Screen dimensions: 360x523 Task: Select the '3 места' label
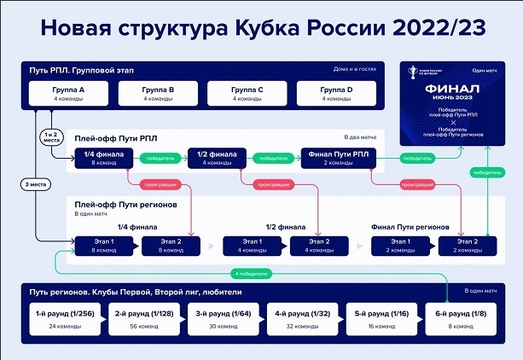pos(35,183)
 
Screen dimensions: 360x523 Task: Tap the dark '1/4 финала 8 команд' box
pos(100,158)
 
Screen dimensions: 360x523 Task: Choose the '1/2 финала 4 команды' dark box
pos(213,158)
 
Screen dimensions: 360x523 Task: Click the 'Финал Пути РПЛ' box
pos(335,158)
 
